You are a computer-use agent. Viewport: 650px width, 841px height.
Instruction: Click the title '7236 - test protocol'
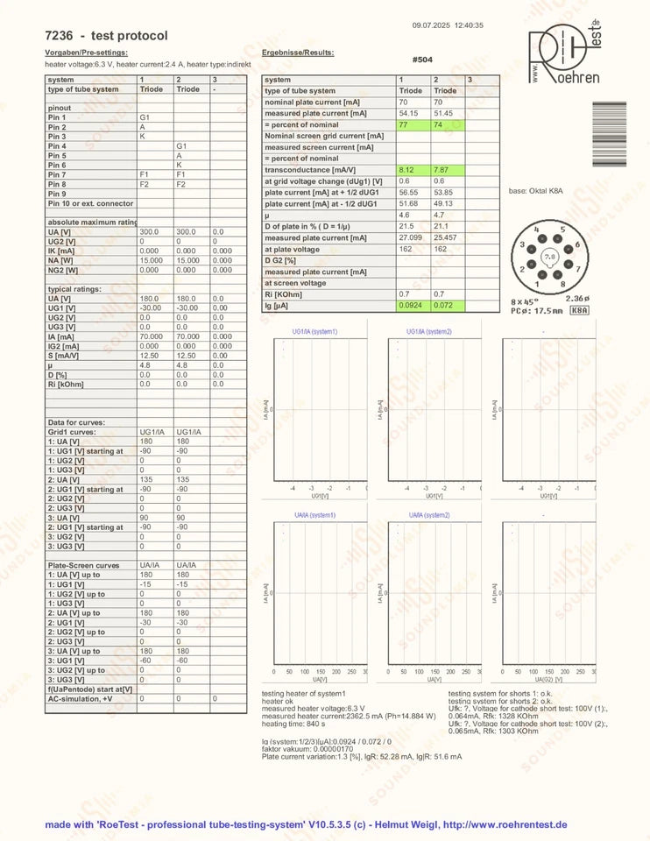click(x=106, y=36)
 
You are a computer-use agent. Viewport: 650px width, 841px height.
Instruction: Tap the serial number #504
click(x=423, y=60)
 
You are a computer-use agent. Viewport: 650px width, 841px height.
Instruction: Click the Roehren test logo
click(x=564, y=54)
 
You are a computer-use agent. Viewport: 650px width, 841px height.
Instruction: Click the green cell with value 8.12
click(x=406, y=170)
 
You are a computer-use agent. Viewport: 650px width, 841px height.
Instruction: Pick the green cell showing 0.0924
click(x=410, y=306)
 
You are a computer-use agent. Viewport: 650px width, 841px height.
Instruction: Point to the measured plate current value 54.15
click(x=408, y=113)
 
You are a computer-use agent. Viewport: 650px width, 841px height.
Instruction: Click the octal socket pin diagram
click(x=549, y=257)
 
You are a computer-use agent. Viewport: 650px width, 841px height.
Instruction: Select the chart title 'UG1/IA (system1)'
click(x=315, y=331)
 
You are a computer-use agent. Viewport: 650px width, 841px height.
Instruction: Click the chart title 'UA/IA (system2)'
click(x=429, y=515)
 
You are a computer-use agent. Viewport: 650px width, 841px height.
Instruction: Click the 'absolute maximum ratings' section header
click(x=91, y=222)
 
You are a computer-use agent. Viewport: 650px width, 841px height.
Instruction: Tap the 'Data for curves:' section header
click(x=77, y=423)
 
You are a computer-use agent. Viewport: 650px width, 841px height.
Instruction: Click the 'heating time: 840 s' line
click(x=294, y=723)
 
